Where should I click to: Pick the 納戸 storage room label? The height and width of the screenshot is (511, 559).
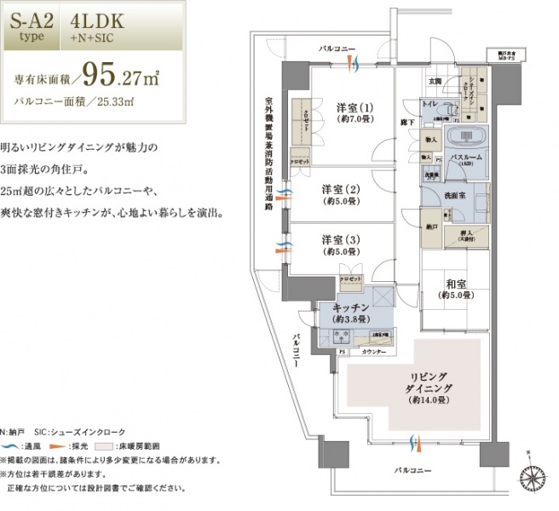(433, 228)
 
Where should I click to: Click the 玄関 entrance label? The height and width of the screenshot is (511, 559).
(433, 82)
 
